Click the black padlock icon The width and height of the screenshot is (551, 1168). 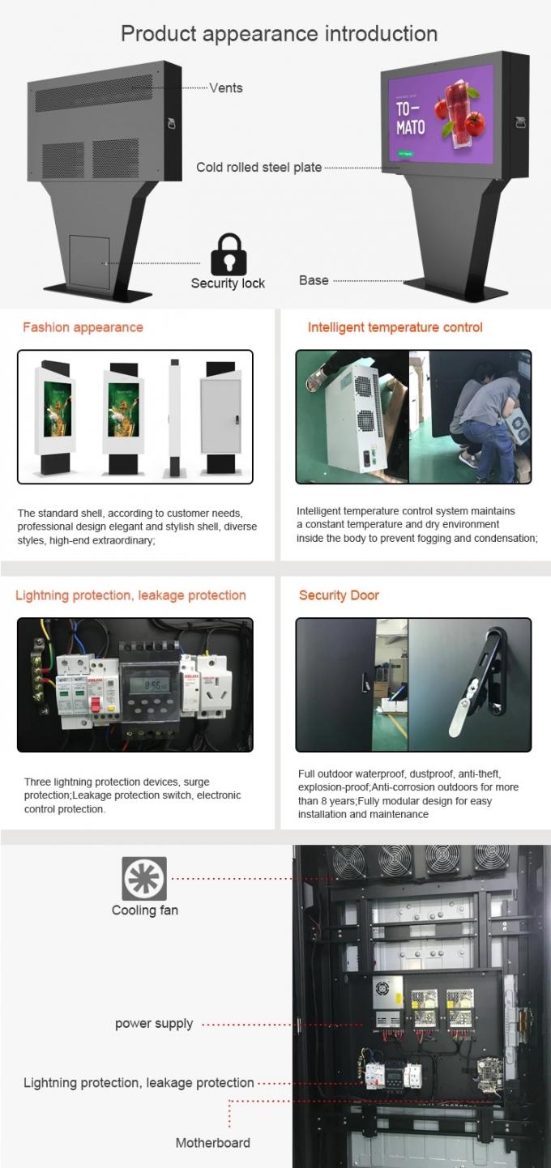[x=229, y=254]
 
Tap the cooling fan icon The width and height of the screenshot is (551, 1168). [x=144, y=878]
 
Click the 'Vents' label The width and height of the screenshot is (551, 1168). [x=226, y=87]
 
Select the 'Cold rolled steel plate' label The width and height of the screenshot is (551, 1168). [x=258, y=168]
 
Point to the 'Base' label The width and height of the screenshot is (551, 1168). [x=314, y=280]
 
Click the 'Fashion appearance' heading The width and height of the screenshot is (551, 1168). [x=83, y=327]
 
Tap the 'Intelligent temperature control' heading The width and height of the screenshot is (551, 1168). [x=395, y=327]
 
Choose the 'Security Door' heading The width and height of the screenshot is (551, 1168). [x=339, y=595]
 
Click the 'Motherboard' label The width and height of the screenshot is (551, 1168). [x=213, y=1143]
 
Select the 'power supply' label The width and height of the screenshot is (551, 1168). [x=154, y=1024]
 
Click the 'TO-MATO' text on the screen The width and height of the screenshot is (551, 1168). [x=410, y=118]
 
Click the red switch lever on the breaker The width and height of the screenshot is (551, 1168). [x=96, y=705]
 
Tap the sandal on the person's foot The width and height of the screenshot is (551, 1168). [x=318, y=377]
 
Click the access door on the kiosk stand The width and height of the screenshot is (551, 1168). [x=89, y=262]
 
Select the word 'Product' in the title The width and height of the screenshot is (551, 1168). [x=159, y=34]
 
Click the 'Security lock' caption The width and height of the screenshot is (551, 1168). [x=228, y=283]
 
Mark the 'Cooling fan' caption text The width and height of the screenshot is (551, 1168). [x=145, y=910]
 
